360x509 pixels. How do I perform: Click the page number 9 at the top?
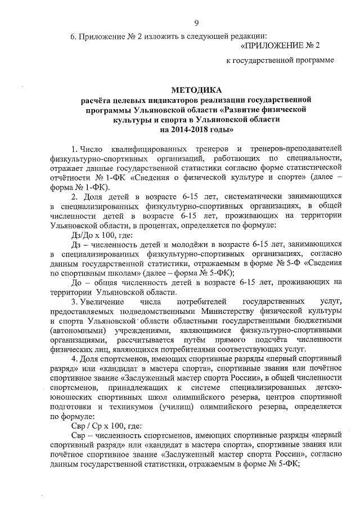coord(196,23)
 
